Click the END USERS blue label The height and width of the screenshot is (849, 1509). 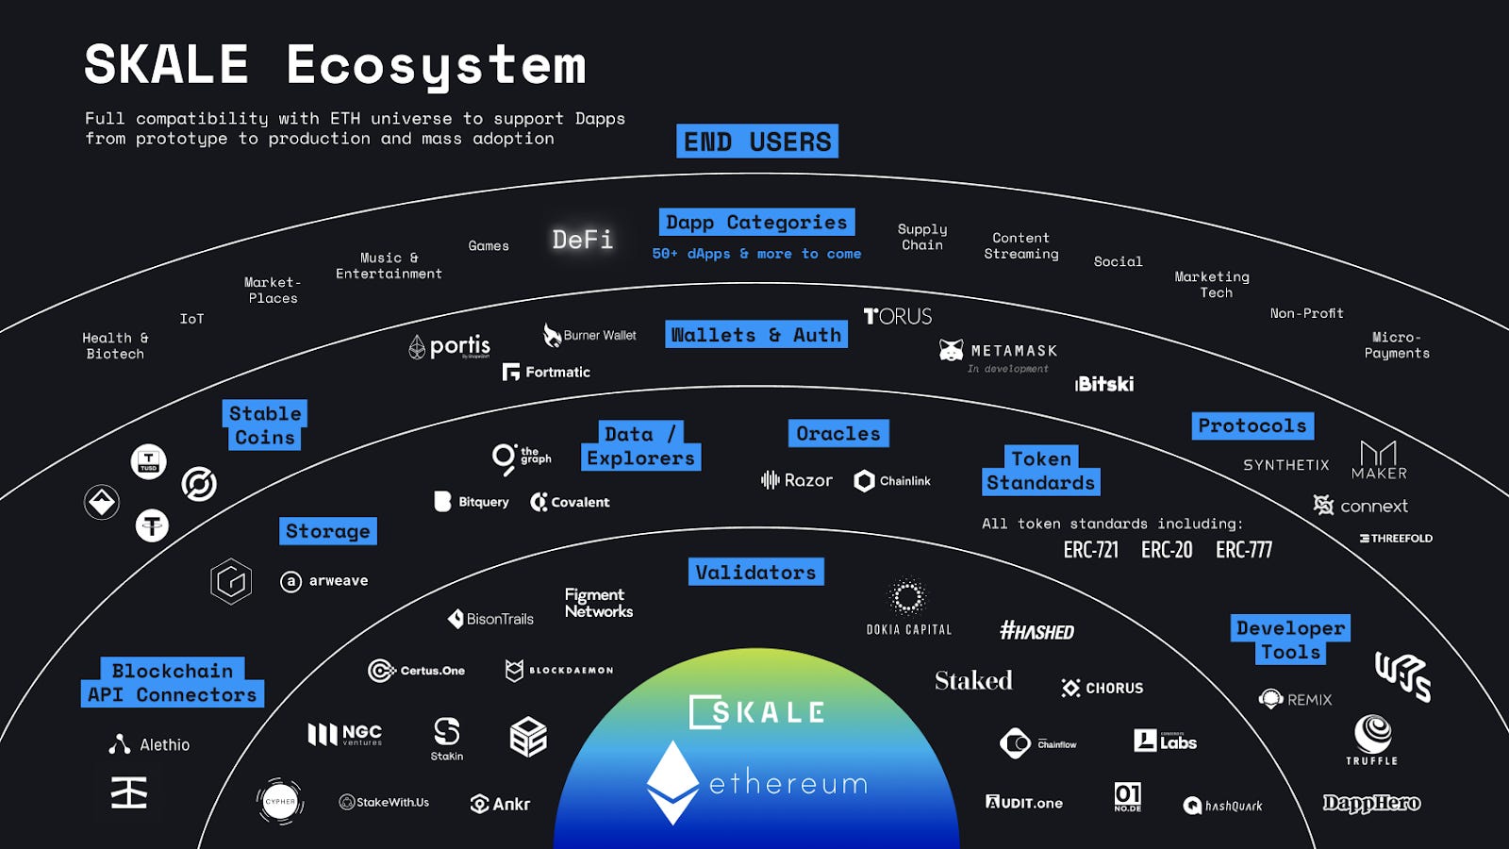point(757,141)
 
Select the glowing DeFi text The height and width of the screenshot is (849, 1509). point(583,240)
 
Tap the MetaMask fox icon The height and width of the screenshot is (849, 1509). point(951,351)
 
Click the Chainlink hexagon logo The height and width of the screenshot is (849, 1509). point(864,481)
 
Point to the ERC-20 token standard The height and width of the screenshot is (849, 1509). point(1167,550)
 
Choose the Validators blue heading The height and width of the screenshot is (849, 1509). point(755,573)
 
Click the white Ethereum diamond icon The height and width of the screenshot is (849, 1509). point(672,782)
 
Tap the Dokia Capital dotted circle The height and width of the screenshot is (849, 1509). point(908,596)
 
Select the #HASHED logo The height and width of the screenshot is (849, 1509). point(1036,631)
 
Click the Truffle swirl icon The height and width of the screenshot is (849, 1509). point(1372,733)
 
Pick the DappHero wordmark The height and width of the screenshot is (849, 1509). point(1371,804)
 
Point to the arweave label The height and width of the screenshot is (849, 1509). point(338,581)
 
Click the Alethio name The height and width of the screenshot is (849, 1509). point(164,745)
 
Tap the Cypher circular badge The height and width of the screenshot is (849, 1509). point(280,802)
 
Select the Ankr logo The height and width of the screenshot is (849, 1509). point(500,804)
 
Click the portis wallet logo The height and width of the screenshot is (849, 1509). point(450,347)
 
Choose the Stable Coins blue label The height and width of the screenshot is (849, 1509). point(265,425)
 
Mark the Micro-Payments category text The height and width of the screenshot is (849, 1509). point(1397,345)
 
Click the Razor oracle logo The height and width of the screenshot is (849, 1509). point(797,480)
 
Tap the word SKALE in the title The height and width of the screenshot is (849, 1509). point(167,65)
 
